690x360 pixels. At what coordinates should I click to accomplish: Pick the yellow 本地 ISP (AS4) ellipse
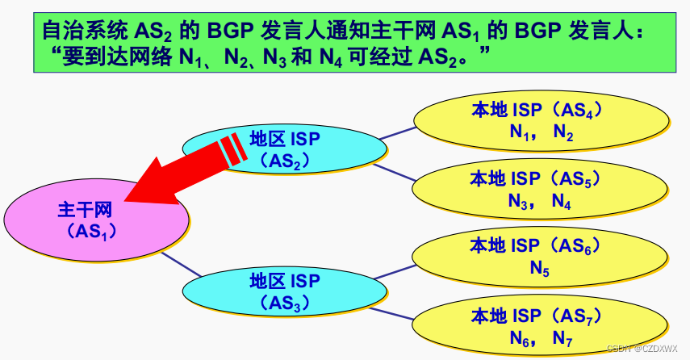click(541, 121)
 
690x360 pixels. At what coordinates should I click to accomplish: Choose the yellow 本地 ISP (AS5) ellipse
click(541, 190)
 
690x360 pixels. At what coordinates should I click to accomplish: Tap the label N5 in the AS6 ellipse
click(540, 269)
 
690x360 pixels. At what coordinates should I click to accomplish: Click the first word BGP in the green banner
click(233, 31)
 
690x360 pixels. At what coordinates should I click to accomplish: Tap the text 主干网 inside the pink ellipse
click(85, 211)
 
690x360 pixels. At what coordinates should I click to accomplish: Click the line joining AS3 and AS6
click(396, 271)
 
